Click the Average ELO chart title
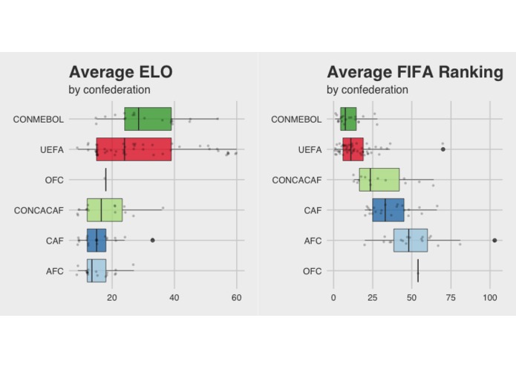[x=121, y=72]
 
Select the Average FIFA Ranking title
[x=415, y=72]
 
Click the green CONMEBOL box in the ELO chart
[x=148, y=119]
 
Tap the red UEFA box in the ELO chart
[x=134, y=149]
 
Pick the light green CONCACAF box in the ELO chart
[x=105, y=210]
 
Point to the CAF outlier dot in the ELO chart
[x=152, y=240]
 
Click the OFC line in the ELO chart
[x=105, y=180]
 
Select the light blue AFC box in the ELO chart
[x=97, y=270]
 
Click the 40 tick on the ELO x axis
[x=174, y=298]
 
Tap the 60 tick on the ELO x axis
[x=236, y=298]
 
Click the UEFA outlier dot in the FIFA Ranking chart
[x=443, y=149]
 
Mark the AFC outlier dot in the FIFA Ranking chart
[x=494, y=241]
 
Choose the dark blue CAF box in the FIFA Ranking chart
[x=388, y=210]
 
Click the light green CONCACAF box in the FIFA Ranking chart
[x=379, y=180]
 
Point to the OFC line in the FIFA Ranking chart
[x=418, y=270]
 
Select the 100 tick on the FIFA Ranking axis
[x=490, y=298]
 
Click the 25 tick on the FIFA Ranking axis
[x=373, y=298]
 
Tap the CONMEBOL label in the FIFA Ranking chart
[x=296, y=119]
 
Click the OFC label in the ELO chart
[x=54, y=180]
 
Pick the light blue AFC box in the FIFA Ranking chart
[x=411, y=241]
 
